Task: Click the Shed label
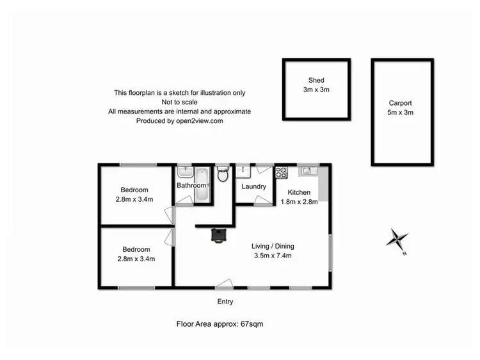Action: point(316,80)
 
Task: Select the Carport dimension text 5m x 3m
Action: point(400,113)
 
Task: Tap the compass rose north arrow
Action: point(399,240)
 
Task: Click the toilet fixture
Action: point(222,174)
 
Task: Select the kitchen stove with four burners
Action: point(282,172)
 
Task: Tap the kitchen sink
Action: point(307,170)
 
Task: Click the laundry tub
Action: point(244,172)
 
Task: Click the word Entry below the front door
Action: point(225,302)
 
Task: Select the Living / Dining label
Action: point(272,246)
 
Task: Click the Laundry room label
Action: point(253,186)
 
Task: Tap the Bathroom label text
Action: point(192,186)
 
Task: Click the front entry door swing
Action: point(224,284)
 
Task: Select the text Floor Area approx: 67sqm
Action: point(220,324)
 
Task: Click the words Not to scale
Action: point(179,102)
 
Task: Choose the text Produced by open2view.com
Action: point(179,120)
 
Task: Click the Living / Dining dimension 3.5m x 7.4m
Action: point(272,256)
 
